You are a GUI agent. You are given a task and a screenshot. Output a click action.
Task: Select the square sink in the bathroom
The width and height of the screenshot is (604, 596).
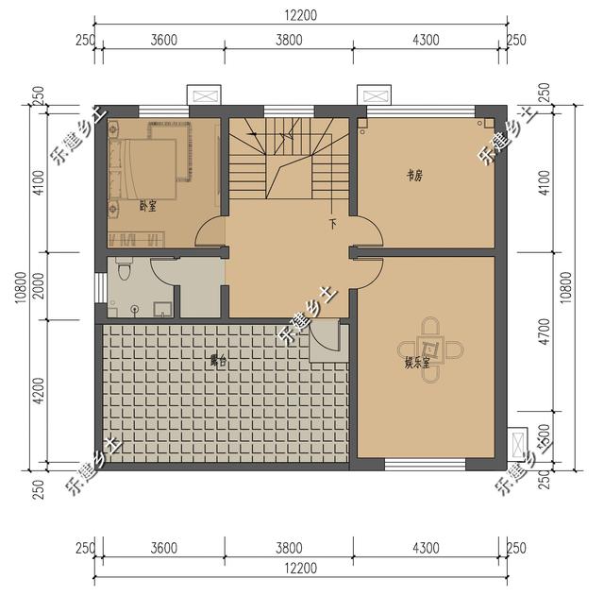click(162, 307)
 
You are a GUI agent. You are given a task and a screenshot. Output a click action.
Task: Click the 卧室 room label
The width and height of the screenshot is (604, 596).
click(147, 205)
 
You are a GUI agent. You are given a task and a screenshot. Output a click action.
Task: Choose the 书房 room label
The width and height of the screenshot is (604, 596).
click(413, 174)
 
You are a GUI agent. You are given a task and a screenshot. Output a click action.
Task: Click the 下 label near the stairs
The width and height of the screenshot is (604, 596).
click(332, 225)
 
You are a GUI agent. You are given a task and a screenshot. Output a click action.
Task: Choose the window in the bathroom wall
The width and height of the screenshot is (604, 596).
click(101, 287)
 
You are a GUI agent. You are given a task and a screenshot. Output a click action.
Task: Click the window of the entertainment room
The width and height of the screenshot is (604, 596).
click(425, 464)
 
